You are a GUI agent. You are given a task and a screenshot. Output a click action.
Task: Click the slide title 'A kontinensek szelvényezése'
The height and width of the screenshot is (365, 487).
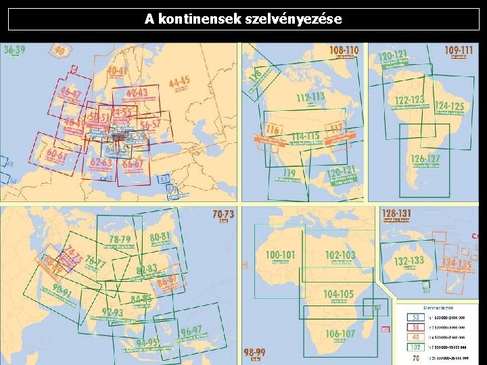243,19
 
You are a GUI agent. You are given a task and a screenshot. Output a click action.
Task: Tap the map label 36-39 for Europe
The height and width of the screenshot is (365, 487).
15,50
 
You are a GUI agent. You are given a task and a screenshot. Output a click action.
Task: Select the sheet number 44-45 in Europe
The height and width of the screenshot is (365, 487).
179,82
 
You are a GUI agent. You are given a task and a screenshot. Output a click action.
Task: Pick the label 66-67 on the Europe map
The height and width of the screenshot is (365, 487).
133,164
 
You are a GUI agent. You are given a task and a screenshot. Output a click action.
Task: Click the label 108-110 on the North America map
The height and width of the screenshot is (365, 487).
344,50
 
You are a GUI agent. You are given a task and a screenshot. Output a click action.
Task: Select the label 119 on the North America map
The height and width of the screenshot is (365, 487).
289,174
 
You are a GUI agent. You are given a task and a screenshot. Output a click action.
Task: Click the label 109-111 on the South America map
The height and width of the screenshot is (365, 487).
459,50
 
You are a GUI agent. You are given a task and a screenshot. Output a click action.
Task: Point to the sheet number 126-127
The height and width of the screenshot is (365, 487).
425,160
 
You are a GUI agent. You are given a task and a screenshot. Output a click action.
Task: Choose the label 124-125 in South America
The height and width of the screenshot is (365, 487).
449,106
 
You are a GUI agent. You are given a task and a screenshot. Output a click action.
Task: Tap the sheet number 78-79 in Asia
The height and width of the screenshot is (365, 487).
120,239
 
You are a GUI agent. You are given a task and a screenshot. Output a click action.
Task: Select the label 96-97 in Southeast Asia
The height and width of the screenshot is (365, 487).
191,332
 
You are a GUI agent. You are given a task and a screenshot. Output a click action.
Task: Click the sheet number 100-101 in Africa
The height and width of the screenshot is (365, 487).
281,255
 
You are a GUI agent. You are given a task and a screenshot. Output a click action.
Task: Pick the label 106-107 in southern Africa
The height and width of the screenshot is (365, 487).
340,334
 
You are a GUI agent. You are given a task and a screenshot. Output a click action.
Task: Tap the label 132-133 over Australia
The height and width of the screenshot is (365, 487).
409,261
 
